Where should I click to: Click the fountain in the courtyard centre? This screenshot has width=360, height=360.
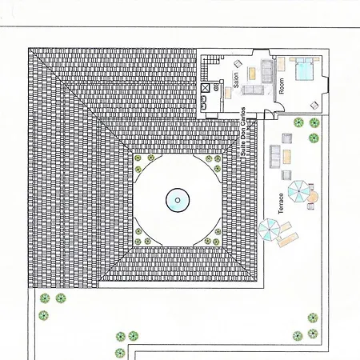[178, 200]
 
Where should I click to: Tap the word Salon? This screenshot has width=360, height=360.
[236, 80]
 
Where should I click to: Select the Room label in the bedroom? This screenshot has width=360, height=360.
[282, 86]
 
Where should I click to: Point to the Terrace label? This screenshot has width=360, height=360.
[281, 204]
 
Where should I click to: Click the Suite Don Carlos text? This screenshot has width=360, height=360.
[243, 131]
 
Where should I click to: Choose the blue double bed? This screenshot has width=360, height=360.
[304, 70]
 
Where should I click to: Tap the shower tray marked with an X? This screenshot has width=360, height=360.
[205, 88]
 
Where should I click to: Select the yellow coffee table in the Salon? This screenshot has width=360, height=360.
[252, 74]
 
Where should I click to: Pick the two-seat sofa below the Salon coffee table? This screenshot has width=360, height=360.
[253, 90]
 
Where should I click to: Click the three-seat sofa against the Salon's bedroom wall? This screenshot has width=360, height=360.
[266, 71]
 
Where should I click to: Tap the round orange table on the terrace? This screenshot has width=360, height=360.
[312, 197]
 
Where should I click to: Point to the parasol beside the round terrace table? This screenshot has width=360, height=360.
[299, 191]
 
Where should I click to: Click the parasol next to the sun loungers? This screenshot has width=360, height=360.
[270, 229]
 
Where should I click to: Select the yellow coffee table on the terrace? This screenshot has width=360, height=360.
[286, 157]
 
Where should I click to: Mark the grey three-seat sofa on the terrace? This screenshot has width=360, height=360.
[275, 157]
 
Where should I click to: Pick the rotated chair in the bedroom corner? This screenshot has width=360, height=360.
[314, 105]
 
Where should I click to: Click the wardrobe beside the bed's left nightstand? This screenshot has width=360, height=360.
[281, 64]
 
